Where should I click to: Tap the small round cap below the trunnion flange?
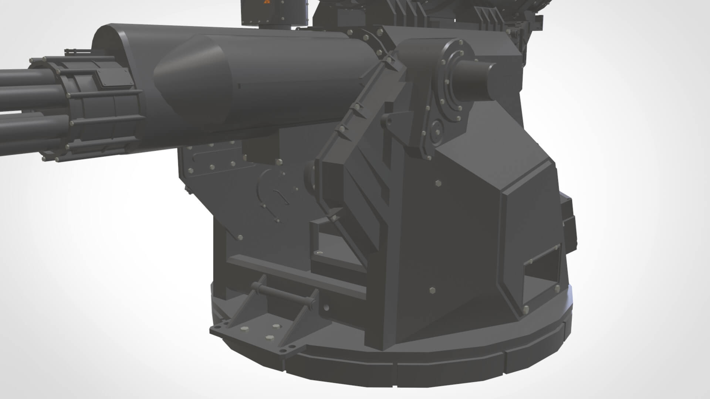pos(437,131)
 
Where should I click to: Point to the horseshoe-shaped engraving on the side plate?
pos(272,196)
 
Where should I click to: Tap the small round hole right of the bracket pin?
pos(326,307)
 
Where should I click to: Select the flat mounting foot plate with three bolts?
pos(255,336)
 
